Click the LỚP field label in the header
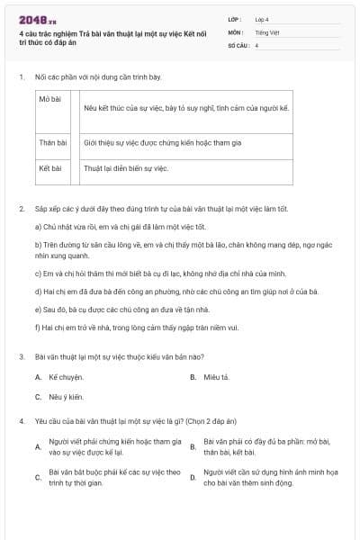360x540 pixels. pyautogui.click(x=236, y=19)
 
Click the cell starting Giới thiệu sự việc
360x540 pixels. pyautogui.click(x=162, y=142)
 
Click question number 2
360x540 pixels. pyautogui.click(x=22, y=209)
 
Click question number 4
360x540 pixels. pyautogui.click(x=22, y=420)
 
